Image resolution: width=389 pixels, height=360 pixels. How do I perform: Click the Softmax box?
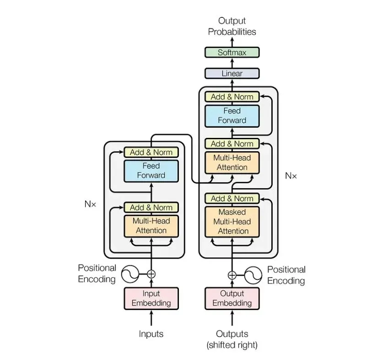click(232, 53)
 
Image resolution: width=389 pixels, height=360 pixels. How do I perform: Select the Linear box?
click(232, 73)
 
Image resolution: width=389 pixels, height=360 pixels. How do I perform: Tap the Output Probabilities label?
click(232, 26)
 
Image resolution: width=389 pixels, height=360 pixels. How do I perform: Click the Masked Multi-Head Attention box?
click(232, 222)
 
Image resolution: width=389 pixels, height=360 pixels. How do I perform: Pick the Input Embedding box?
click(151, 298)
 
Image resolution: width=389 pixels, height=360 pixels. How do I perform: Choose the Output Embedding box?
click(232, 298)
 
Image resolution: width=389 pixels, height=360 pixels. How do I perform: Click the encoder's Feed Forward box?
click(151, 170)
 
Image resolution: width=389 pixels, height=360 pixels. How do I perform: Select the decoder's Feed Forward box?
click(232, 116)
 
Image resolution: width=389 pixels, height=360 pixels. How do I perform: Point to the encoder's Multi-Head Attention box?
click(151, 225)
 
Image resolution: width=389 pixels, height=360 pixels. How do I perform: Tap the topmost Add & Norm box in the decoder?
click(232, 97)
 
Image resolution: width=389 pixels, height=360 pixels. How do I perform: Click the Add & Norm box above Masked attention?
click(232, 198)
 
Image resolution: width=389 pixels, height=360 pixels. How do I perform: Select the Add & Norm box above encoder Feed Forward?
click(151, 153)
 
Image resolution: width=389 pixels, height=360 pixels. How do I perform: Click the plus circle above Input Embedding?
click(151, 274)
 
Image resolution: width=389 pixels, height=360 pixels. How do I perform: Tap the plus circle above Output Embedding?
click(232, 275)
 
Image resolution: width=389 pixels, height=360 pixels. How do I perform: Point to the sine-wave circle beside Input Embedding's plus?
click(130, 274)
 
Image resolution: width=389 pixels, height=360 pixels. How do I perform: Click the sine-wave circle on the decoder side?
click(253, 275)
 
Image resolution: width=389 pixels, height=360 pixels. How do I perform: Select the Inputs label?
click(151, 334)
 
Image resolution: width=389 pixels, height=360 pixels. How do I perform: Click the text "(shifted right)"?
click(232, 344)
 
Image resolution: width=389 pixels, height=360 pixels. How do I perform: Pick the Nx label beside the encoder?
click(90, 205)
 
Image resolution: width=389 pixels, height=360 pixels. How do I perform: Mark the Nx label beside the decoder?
click(291, 175)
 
